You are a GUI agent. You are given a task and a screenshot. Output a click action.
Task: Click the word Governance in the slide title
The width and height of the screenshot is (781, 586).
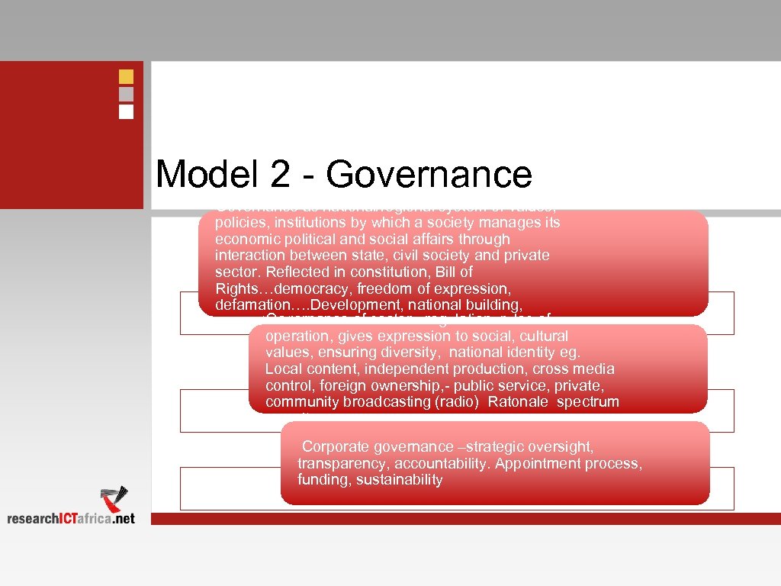[429, 175]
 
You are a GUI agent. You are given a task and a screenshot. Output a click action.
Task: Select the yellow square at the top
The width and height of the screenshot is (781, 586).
[126, 77]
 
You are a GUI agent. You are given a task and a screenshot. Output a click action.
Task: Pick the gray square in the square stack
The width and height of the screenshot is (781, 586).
[126, 94]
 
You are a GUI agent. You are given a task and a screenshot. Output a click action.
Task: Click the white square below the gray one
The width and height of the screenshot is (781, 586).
[126, 111]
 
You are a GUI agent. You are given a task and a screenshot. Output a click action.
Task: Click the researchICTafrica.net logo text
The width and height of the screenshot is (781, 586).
[71, 518]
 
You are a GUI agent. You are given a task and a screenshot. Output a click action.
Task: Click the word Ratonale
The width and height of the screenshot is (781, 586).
[519, 402]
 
